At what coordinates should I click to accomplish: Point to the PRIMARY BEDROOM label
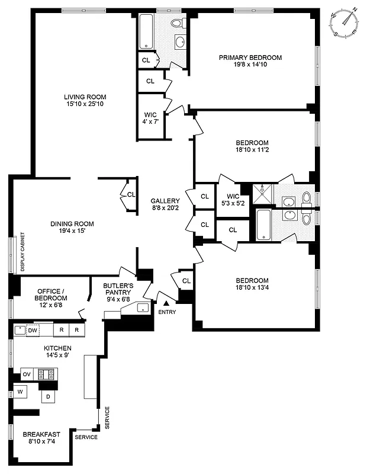click(250, 57)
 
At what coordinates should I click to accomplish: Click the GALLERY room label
click(165, 201)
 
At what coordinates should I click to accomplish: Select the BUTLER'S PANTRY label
click(118, 285)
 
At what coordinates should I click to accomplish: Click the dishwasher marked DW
click(33, 330)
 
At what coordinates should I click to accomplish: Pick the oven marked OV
click(27, 374)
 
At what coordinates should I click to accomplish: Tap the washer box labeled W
click(20, 392)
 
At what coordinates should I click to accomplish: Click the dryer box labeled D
click(48, 397)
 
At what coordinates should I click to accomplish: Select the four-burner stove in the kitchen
click(47, 374)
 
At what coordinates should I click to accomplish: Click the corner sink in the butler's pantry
click(142, 308)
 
